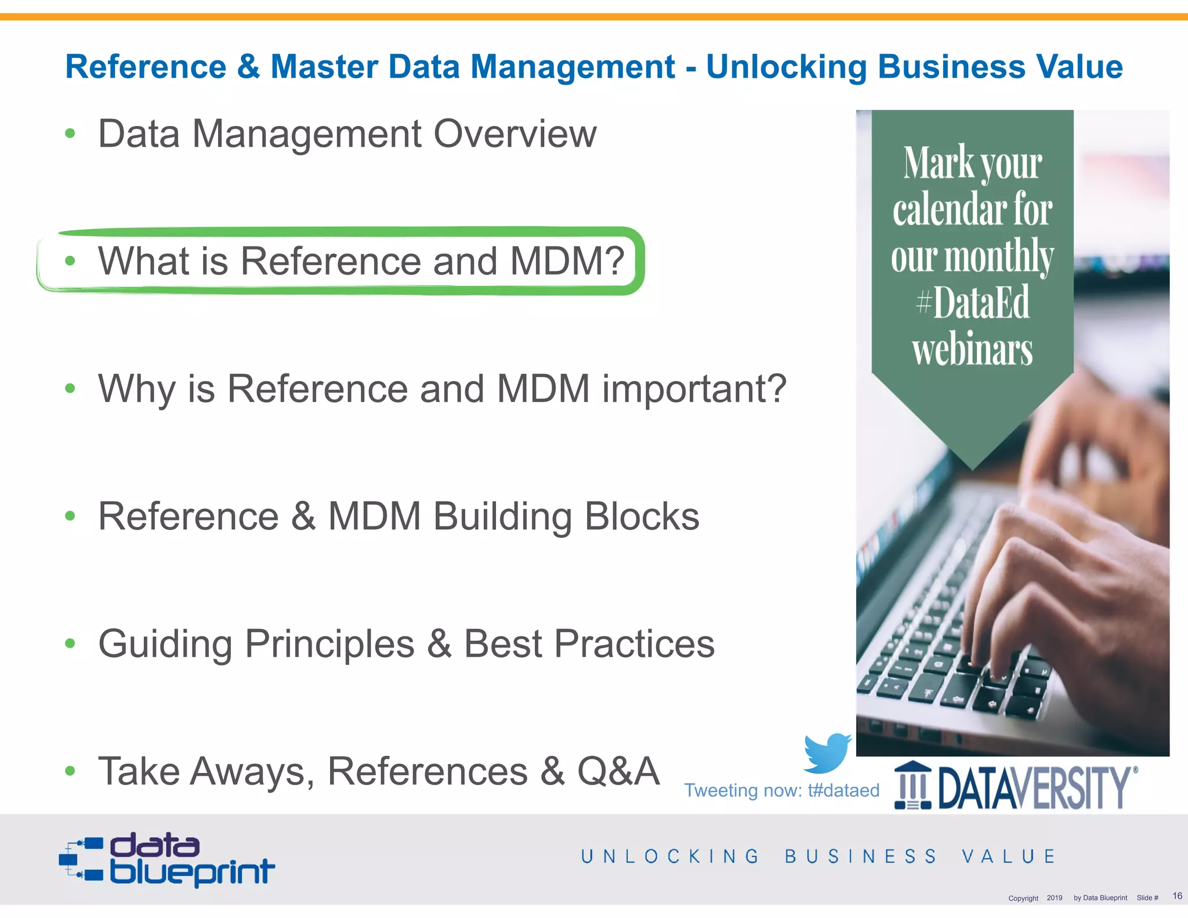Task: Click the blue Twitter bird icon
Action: pyautogui.click(x=827, y=753)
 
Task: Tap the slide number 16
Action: pyautogui.click(x=1177, y=895)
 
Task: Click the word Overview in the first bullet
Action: pyautogui.click(x=515, y=134)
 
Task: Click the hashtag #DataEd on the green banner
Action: pyautogui.click(x=973, y=302)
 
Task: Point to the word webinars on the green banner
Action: pyautogui.click(x=972, y=349)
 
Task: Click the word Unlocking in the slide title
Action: pyautogui.click(x=786, y=66)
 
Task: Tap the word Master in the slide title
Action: pyautogui.click(x=324, y=66)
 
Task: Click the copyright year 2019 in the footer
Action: pyautogui.click(x=1054, y=898)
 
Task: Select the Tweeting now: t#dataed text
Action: pyautogui.click(x=781, y=790)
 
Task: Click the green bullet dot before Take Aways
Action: pyautogui.click(x=70, y=771)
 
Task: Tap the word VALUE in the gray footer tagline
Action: pyautogui.click(x=1009, y=856)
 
